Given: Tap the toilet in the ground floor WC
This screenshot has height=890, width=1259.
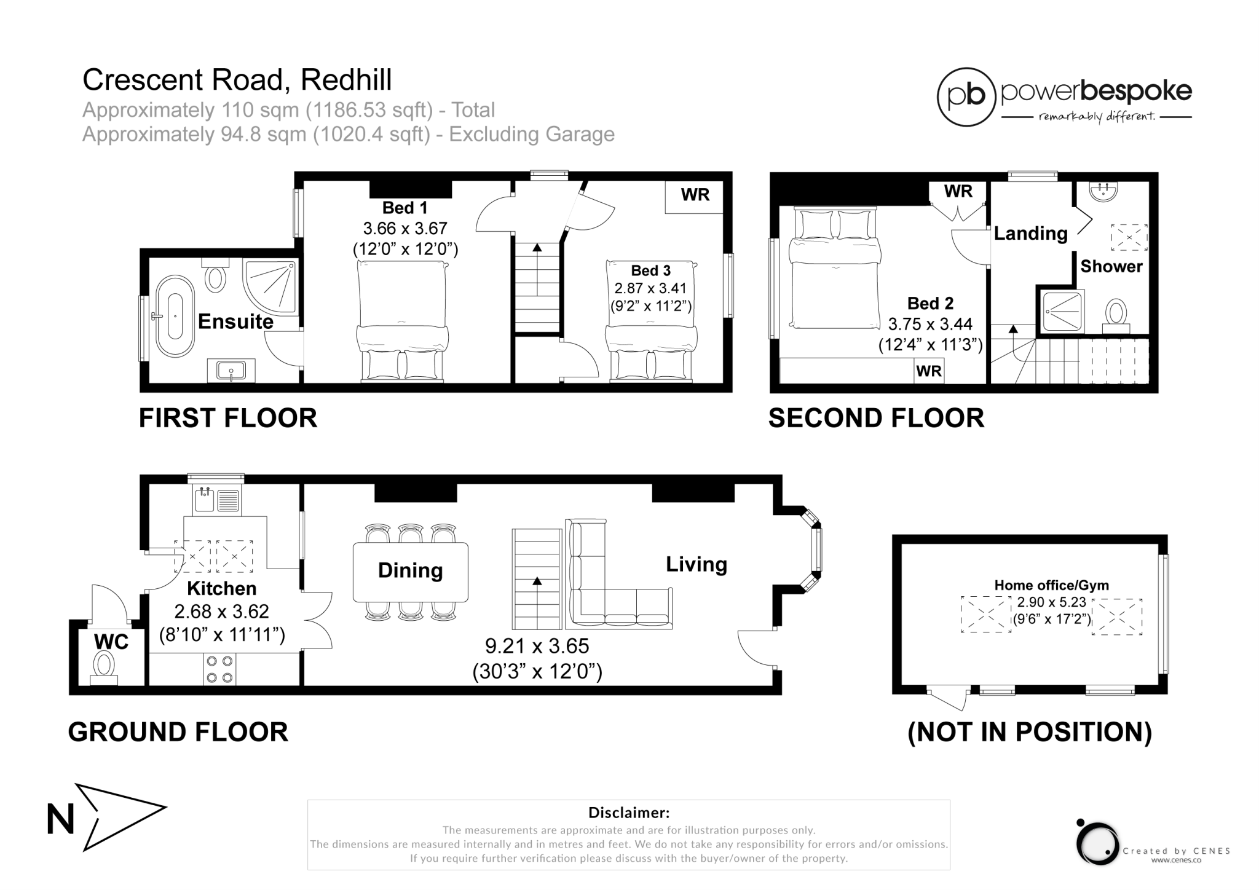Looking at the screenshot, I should click(x=104, y=666).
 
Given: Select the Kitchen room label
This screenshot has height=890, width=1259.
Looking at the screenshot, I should click(x=221, y=588).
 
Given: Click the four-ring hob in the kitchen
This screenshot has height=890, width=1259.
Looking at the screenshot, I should click(x=219, y=669).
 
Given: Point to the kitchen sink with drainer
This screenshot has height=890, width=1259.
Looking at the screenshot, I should click(x=216, y=500).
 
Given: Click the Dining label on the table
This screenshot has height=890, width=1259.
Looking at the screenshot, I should click(x=410, y=570).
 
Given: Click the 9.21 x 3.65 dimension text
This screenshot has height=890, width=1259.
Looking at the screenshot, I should click(x=537, y=646).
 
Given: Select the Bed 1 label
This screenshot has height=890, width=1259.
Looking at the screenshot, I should click(x=405, y=208).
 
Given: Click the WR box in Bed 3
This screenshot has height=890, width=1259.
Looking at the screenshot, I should click(x=695, y=195).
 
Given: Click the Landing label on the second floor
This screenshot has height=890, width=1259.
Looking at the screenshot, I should click(x=1030, y=234).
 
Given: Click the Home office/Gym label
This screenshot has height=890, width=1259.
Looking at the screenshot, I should click(x=1051, y=585).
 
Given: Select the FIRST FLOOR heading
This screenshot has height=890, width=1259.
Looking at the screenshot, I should click(x=228, y=418).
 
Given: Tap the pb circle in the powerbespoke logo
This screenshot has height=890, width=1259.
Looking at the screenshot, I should click(x=966, y=97).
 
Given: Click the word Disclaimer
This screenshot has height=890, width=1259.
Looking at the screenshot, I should click(x=628, y=813).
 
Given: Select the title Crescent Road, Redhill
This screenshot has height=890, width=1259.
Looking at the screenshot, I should click(x=237, y=80).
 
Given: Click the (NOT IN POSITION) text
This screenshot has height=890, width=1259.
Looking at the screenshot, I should click(x=1030, y=732).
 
